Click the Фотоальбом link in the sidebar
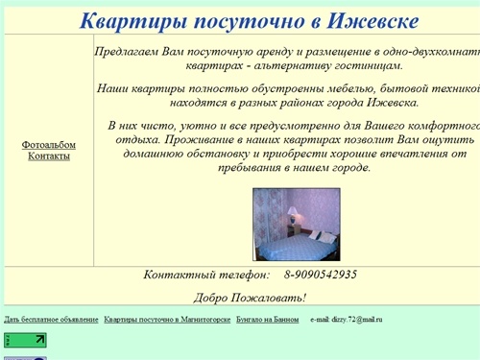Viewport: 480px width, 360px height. click(x=48, y=145)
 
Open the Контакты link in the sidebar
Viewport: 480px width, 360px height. click(x=48, y=156)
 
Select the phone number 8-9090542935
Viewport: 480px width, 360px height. click(x=320, y=275)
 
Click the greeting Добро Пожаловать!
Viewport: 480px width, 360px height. click(x=250, y=298)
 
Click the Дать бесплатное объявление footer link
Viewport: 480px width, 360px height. click(x=51, y=319)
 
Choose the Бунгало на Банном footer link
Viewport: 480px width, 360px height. click(x=267, y=319)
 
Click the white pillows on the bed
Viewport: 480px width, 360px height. click(x=326, y=236)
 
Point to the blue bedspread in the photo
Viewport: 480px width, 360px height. click(x=293, y=248)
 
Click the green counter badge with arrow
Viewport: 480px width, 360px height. click(x=25, y=339)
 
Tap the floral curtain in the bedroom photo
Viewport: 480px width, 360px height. click(x=268, y=216)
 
